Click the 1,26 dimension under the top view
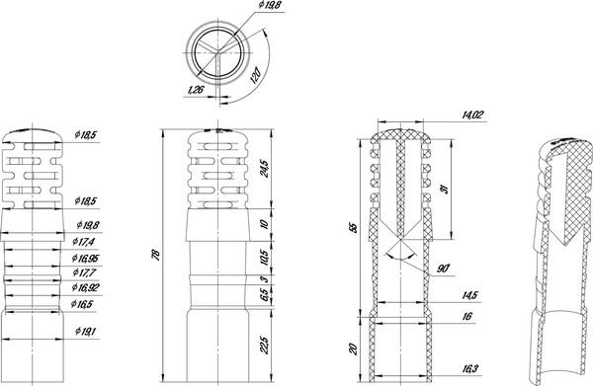(x=196, y=90)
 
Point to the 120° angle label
(x=255, y=76)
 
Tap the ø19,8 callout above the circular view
(x=269, y=5)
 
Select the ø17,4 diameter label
(x=84, y=241)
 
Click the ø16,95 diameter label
(x=85, y=258)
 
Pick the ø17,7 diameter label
(x=84, y=271)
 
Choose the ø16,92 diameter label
(x=85, y=288)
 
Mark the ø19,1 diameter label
(x=85, y=332)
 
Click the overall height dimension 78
(x=156, y=254)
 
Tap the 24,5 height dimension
(x=264, y=169)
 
